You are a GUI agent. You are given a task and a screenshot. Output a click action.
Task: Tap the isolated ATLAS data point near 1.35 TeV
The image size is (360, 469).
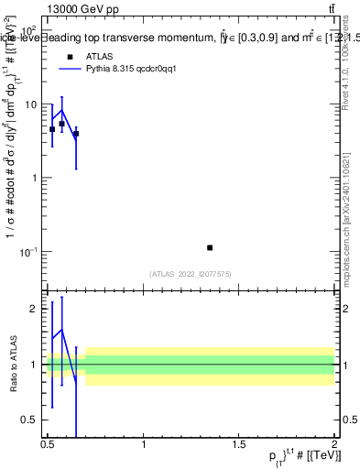point(210,247)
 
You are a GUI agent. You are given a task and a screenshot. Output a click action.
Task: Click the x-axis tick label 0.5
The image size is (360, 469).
point(48,445)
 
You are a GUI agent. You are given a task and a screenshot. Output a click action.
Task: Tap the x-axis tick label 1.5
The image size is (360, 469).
point(239,445)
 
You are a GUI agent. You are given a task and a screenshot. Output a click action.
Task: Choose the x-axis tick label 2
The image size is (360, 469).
point(334,445)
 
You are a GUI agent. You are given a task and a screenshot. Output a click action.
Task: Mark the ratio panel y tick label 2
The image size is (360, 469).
point(33,309)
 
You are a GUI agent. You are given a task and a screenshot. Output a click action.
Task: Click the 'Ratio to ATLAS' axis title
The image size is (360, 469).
point(12,365)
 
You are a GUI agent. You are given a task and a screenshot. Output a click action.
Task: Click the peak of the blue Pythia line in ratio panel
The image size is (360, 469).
point(61,330)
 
